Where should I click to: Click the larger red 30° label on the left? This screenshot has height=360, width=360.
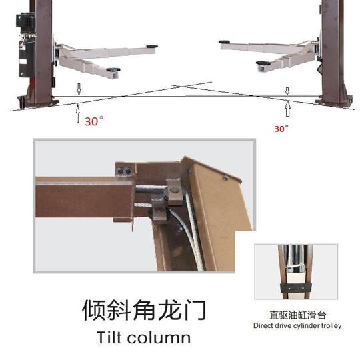(94, 121)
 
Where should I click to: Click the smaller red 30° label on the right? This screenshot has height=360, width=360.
(281, 128)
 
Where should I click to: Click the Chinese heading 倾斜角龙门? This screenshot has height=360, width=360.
(143, 310)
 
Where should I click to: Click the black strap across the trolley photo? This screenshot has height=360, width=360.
(295, 287)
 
